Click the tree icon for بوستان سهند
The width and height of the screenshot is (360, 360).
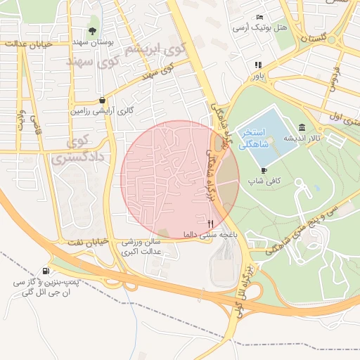point(93,30)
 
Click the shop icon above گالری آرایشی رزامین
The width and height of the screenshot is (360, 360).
point(103,100)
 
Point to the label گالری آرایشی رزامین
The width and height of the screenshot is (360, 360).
point(102,111)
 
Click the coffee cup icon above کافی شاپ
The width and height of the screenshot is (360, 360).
point(264,170)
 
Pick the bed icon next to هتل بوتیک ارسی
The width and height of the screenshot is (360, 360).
point(260,17)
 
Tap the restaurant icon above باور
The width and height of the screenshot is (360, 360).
point(258,65)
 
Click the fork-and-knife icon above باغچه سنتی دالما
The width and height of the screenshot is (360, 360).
point(210,223)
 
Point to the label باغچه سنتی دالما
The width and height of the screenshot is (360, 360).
point(208,233)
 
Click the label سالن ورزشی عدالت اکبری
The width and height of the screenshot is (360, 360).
point(143,246)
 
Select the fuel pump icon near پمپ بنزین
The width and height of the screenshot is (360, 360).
point(46,271)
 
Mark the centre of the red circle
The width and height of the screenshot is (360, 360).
point(180,179)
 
